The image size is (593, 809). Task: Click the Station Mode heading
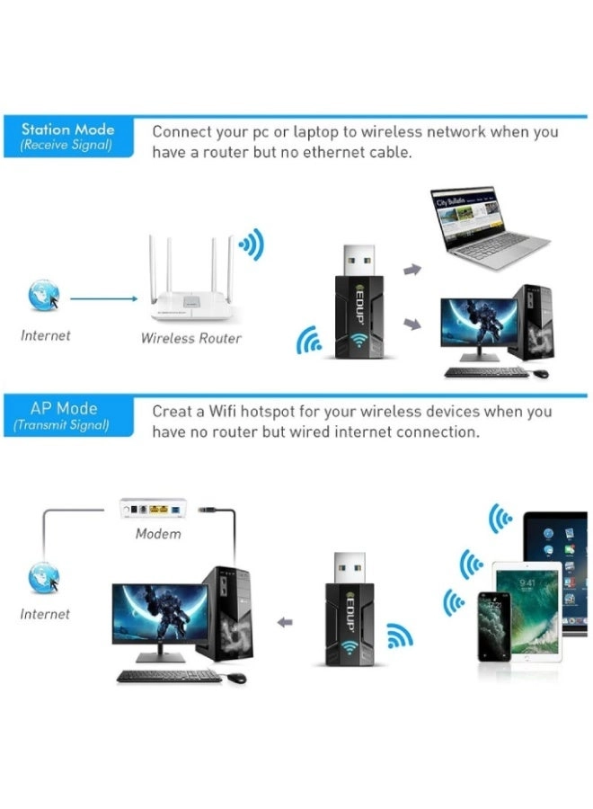(x=68, y=129)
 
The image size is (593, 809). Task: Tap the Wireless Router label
(x=190, y=339)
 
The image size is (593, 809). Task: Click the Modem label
(x=158, y=534)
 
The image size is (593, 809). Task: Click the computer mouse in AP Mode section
(x=236, y=678)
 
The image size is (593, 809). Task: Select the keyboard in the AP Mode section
(x=169, y=676)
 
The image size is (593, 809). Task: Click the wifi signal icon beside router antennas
(x=251, y=244)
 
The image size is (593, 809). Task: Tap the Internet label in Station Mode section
(x=45, y=335)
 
